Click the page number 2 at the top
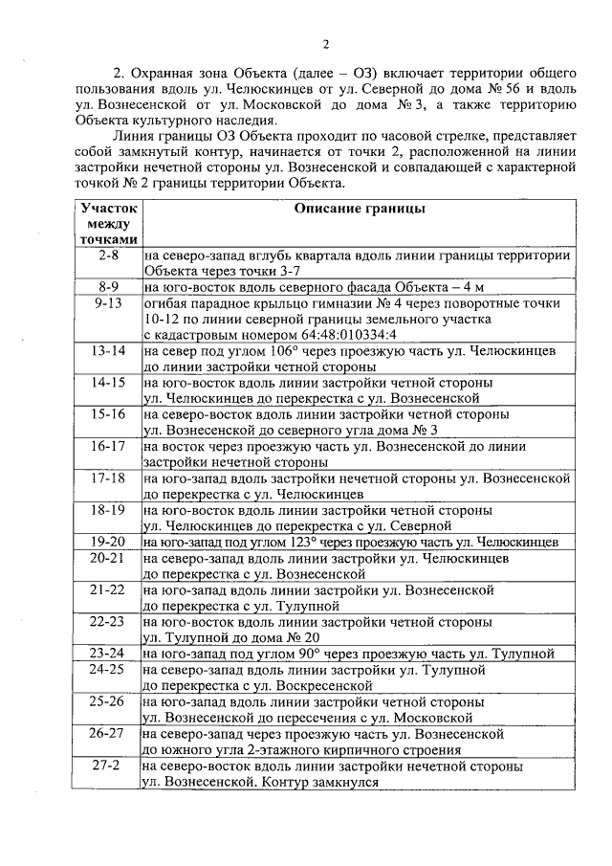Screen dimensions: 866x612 tap(324, 44)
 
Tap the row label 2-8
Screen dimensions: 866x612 tap(108, 255)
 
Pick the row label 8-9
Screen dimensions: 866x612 tap(108, 286)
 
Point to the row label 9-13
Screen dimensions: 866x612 tap(108, 302)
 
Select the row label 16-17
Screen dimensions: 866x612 tap(108, 445)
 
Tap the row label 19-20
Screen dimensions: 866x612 tap(108, 541)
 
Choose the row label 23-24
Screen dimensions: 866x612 tap(108, 654)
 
